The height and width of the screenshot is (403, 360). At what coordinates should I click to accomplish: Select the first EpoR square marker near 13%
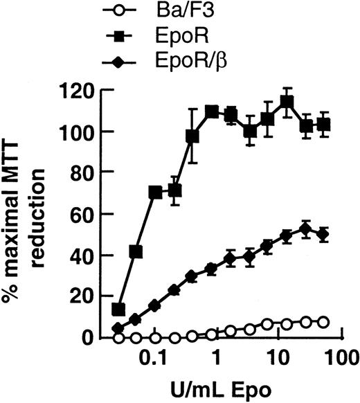click(x=118, y=309)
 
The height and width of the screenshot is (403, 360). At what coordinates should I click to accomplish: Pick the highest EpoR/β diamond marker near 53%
click(x=305, y=229)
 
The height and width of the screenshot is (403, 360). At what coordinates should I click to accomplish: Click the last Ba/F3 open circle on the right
click(x=323, y=321)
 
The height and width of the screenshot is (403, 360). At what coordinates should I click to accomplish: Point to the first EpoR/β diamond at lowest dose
click(x=118, y=328)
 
